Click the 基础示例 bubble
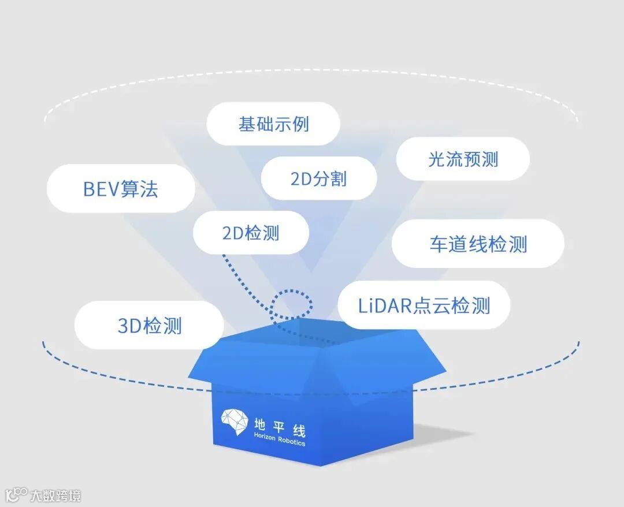click(x=273, y=124)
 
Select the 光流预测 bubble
click(x=463, y=159)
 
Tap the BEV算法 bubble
click(x=121, y=189)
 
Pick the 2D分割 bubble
click(x=318, y=178)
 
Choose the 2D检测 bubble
click(x=251, y=233)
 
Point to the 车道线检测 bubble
click(x=478, y=244)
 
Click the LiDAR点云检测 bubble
click(x=424, y=305)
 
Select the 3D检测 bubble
click(x=149, y=326)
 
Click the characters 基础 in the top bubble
click(x=255, y=124)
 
